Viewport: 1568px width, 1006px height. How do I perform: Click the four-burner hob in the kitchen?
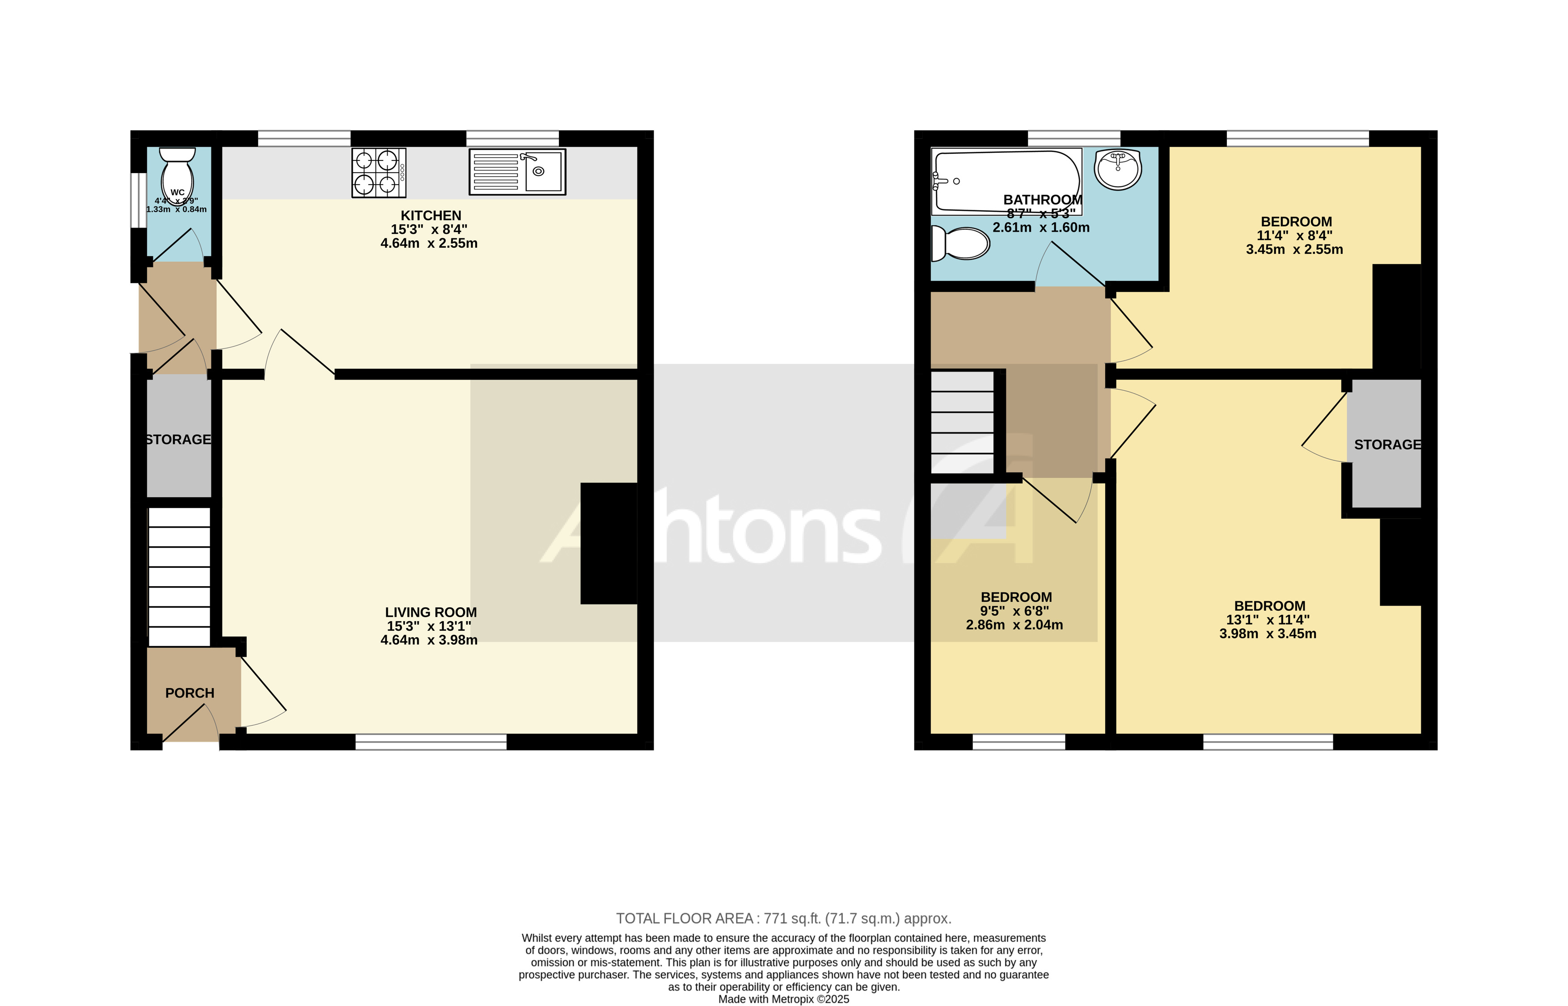click(379, 173)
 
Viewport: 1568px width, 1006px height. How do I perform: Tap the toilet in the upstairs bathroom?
click(960, 243)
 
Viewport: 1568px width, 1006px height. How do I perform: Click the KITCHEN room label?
click(431, 216)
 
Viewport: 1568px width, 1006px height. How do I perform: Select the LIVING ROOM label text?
click(431, 612)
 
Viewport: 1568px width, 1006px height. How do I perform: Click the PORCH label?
click(190, 693)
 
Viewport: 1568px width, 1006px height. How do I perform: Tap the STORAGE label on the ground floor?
click(178, 440)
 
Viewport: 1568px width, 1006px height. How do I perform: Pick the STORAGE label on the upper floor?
click(1387, 445)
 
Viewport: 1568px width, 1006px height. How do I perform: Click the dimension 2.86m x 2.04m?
click(1014, 625)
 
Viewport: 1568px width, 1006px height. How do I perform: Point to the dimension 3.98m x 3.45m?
click(1268, 634)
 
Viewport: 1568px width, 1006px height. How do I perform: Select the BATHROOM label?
click(1042, 200)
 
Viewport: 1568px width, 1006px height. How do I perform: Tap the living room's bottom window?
click(431, 741)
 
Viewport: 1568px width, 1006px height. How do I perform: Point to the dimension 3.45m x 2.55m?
click(1294, 249)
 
